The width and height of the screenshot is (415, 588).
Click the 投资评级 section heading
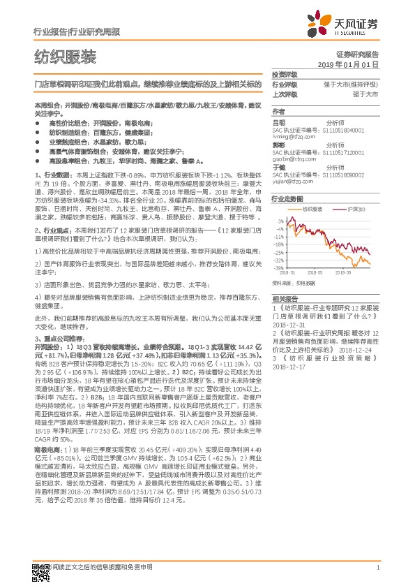tap(284, 74)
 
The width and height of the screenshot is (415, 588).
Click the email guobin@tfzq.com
tap(293, 159)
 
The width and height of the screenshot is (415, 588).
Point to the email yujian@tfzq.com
tap(292, 179)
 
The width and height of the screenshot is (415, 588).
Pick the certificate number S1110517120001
tap(349, 149)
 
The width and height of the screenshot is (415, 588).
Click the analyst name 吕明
tap(278, 121)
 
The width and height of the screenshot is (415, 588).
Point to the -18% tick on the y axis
tap(280, 244)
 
